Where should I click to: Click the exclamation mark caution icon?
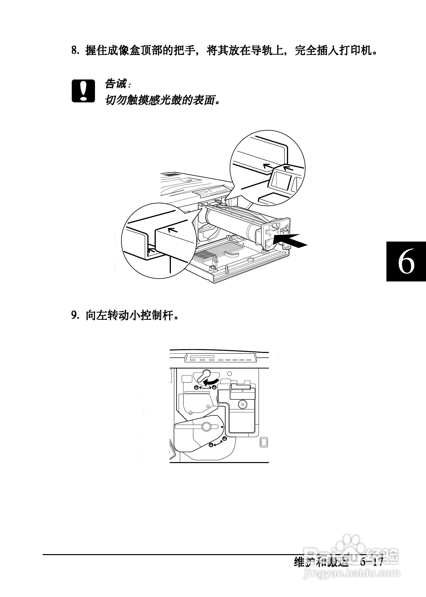(x=83, y=91)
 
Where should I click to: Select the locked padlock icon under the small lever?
(x=196, y=388)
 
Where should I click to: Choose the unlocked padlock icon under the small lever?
(x=214, y=387)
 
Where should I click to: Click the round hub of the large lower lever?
(x=206, y=427)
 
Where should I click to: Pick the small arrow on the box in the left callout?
(x=172, y=231)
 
